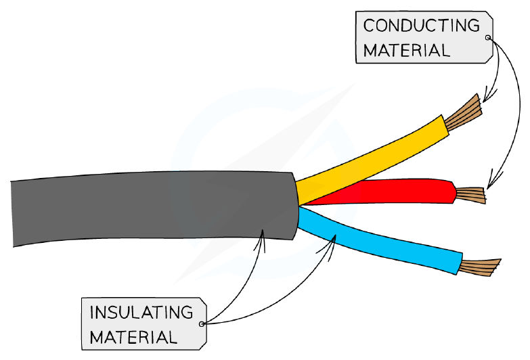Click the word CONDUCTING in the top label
coord(421,25)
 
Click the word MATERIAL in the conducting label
coord(406,51)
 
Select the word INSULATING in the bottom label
coord(141,313)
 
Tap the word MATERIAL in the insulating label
coord(133,337)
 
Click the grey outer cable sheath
coord(152,207)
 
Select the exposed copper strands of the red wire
coord(471,196)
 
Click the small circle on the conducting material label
coord(487,37)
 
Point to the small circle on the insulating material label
coord(202,324)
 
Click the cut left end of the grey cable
coord(13,214)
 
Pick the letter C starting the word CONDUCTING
coord(369,26)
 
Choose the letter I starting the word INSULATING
coord(92,313)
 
